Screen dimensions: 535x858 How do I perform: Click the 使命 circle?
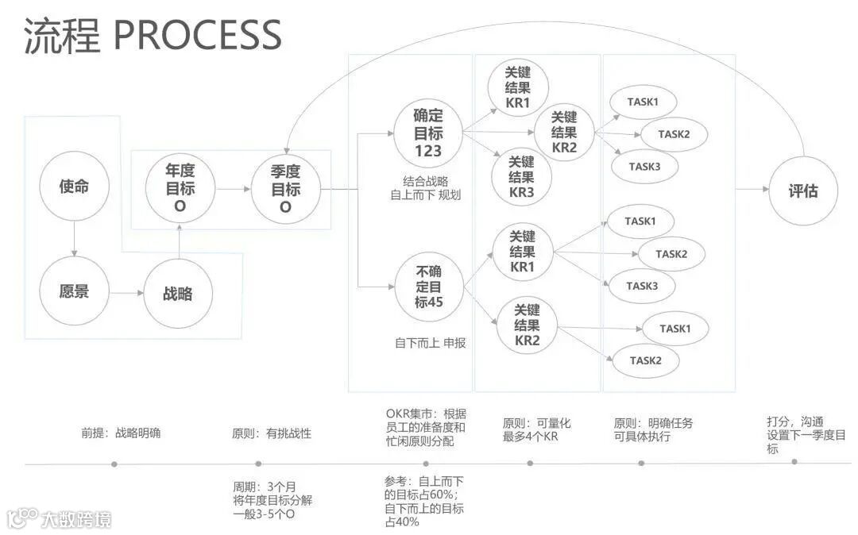(74, 188)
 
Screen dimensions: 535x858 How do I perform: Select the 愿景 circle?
(74, 291)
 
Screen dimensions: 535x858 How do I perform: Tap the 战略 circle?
(179, 294)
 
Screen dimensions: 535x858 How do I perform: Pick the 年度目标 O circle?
(180, 189)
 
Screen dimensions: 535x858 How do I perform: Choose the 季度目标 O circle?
(286, 189)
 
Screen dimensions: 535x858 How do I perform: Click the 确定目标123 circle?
(428, 134)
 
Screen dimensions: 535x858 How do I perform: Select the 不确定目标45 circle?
(429, 287)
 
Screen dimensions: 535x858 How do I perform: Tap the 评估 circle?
(802, 191)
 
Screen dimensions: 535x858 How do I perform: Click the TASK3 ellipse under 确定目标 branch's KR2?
(643, 167)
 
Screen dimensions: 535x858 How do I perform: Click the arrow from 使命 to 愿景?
(74, 239)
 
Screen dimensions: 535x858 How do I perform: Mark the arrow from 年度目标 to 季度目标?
(232, 190)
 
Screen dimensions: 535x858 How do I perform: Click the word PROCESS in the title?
(198, 36)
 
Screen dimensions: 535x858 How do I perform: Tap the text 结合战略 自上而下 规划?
(426, 187)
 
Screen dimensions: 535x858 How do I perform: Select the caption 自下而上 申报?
(430, 343)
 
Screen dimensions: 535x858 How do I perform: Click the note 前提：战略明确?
(121, 433)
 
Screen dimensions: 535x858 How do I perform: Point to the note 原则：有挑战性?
(271, 433)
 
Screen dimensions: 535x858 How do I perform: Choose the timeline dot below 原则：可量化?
(530, 462)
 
